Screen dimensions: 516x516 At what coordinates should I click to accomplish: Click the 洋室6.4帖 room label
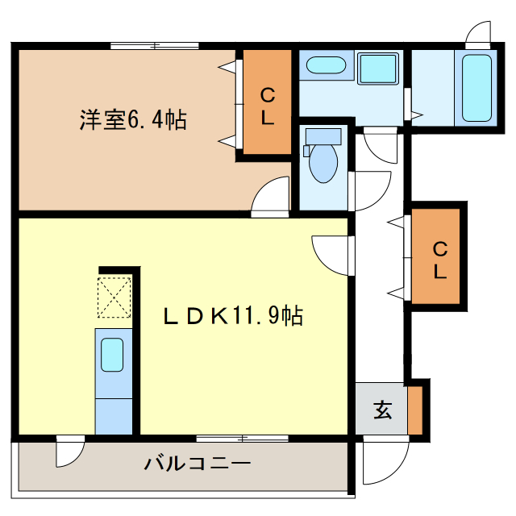[x=133, y=121]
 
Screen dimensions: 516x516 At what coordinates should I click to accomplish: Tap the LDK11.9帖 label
[x=234, y=317]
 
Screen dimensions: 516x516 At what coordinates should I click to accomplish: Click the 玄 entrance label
[x=381, y=410]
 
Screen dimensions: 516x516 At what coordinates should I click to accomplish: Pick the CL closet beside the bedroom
[x=267, y=104]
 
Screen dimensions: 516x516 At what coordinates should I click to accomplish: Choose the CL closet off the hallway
[x=438, y=259]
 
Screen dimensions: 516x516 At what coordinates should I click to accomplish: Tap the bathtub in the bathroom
[x=476, y=87]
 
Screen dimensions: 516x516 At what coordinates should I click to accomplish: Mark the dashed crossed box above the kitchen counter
[x=114, y=298]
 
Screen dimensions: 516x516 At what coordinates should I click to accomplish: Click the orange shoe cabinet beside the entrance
[x=415, y=410]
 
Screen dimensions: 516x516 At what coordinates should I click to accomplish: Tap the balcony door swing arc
[x=69, y=452]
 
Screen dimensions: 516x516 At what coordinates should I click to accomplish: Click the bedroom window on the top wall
[x=154, y=45]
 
